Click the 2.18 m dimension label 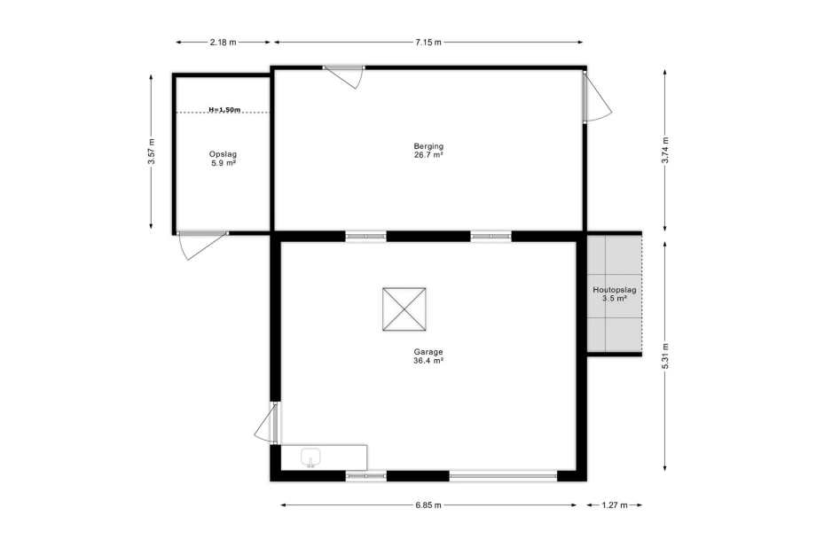coord(223,43)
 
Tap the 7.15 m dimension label coord(428,43)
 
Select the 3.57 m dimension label coord(151,152)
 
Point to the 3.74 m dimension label coord(664,150)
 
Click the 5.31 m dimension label coord(664,356)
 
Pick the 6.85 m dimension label coord(428,504)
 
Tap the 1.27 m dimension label coord(615,504)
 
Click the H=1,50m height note coord(224,110)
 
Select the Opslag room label coord(223,154)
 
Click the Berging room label coord(428,146)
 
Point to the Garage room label coord(428,352)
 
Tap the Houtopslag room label coord(615,290)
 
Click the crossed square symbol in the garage coord(404,309)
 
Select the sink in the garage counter coord(311,457)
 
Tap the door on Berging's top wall coord(343,76)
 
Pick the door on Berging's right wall coord(597,97)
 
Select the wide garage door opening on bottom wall coord(503,475)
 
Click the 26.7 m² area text coord(428,155)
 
